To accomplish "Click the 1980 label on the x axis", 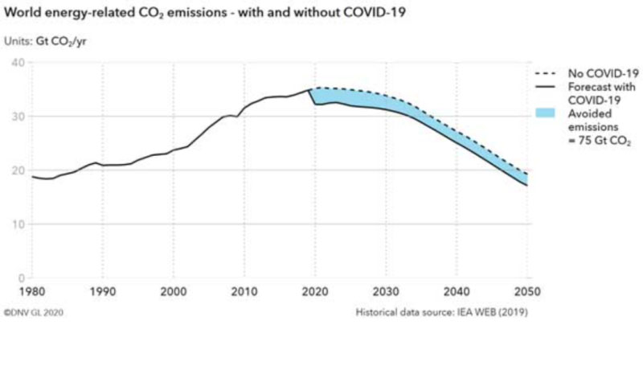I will pos(32,291).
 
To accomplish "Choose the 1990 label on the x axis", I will pos(103,291).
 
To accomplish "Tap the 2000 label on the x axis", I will pos(173,291).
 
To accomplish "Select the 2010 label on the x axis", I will pos(244,291).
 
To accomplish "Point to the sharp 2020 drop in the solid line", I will pos(313,97).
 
